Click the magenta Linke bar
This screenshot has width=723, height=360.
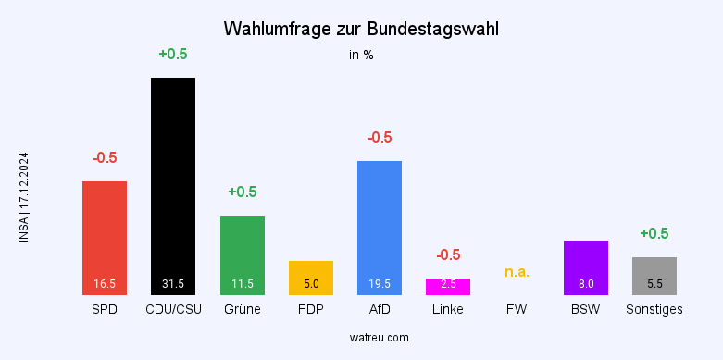(x=448, y=286)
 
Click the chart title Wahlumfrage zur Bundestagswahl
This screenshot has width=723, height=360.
(x=361, y=30)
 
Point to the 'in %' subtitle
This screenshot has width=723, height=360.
(x=361, y=55)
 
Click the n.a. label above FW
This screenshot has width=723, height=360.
(x=517, y=272)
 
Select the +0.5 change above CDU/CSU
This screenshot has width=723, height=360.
(x=173, y=54)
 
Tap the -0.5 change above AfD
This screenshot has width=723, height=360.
(x=380, y=137)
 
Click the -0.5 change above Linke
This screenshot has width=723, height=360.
(x=448, y=254)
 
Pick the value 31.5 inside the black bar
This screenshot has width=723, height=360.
(x=173, y=284)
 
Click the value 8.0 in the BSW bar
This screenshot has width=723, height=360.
(x=586, y=284)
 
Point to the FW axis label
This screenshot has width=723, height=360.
(x=517, y=309)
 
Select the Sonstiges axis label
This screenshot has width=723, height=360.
(x=654, y=309)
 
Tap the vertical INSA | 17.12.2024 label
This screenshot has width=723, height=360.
(x=24, y=197)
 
